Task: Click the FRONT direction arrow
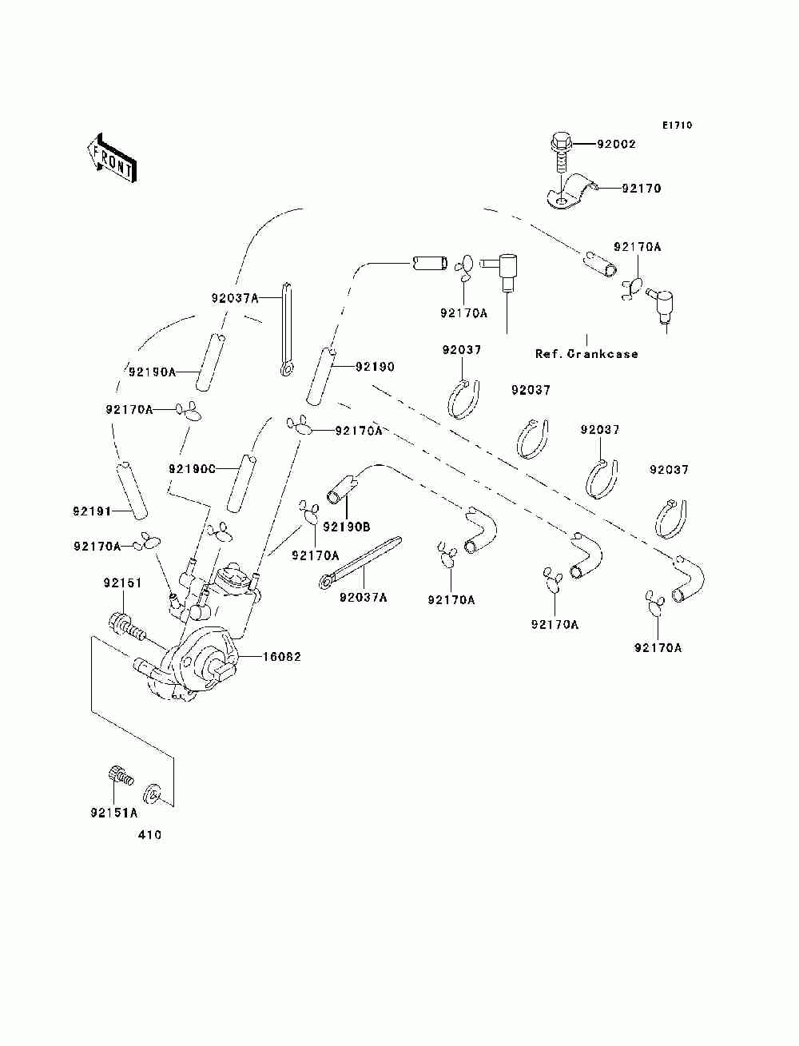click(112, 157)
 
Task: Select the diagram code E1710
click(677, 125)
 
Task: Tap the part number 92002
click(617, 144)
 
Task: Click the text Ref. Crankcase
click(586, 353)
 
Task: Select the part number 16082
click(282, 657)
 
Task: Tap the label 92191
click(92, 511)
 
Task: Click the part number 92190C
click(192, 469)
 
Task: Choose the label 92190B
click(347, 527)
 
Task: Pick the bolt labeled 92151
click(125, 627)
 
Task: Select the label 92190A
click(152, 372)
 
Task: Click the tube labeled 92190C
click(241, 483)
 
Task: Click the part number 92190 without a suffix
click(375, 367)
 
